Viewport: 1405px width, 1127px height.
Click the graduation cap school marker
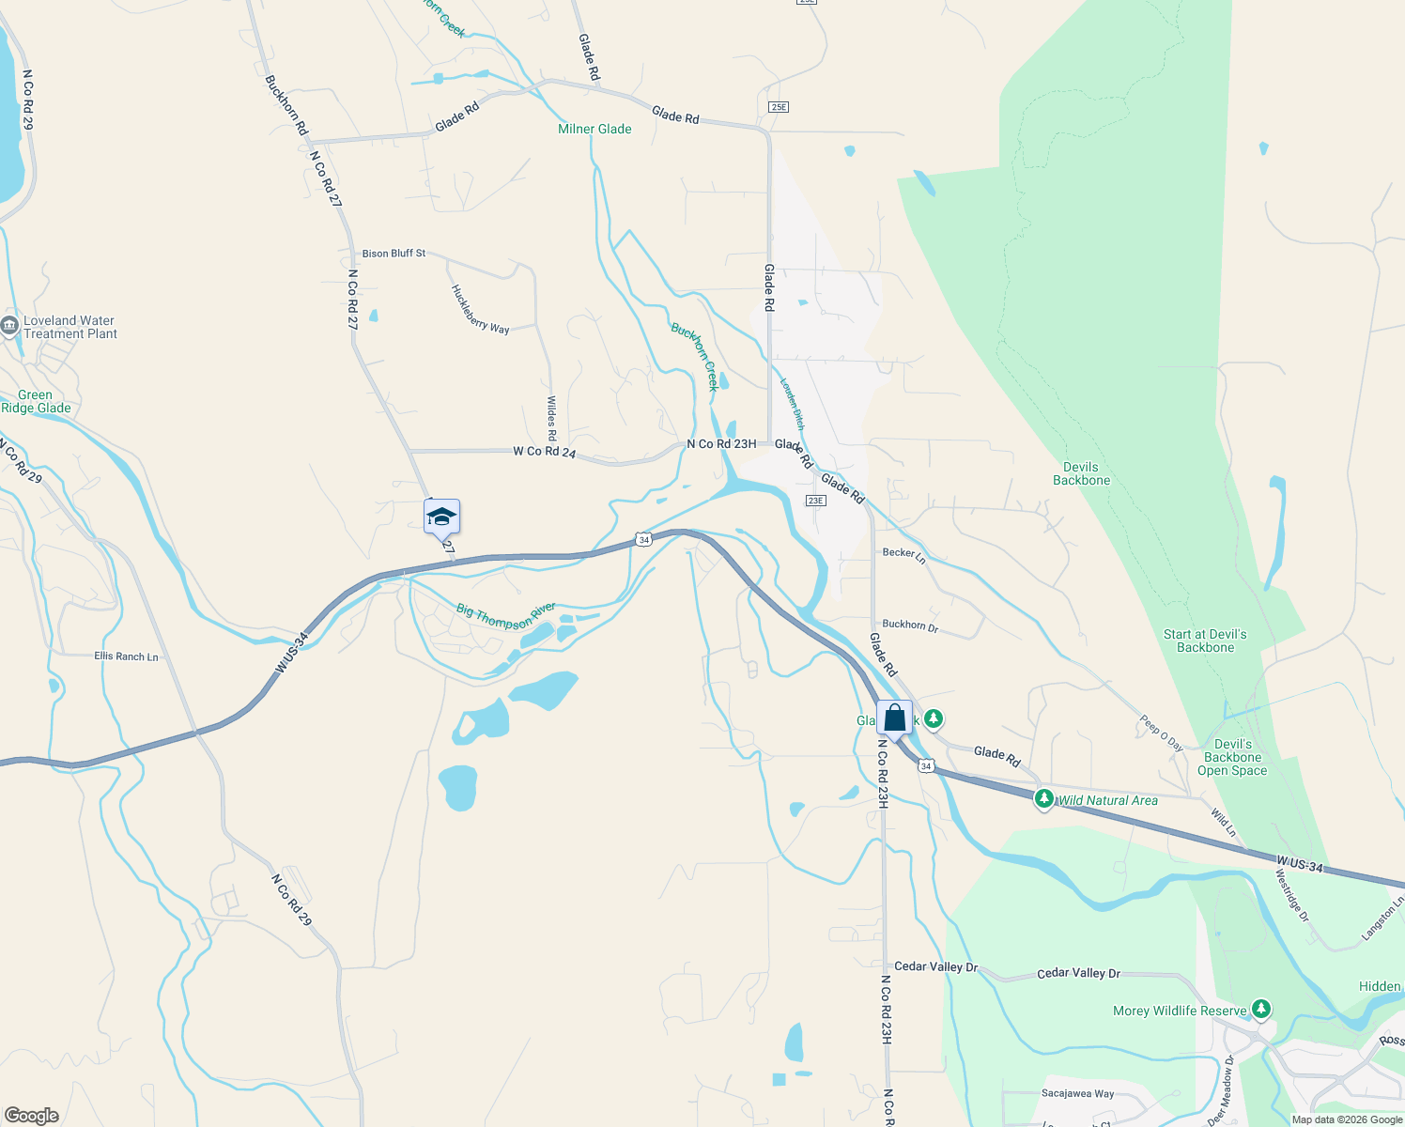point(441,517)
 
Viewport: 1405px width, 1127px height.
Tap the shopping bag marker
point(895,718)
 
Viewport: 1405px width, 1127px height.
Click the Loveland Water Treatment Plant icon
point(10,327)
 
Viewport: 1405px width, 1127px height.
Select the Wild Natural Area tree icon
point(1043,799)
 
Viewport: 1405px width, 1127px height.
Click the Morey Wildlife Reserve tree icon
point(1261,1010)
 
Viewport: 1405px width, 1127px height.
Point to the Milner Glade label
point(594,129)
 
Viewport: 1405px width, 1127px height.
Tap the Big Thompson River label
point(506,615)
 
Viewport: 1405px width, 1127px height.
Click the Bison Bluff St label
point(394,254)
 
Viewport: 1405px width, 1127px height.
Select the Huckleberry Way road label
point(480,309)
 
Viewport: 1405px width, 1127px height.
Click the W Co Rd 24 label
point(544,452)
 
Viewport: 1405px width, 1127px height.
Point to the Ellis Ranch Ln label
point(126,656)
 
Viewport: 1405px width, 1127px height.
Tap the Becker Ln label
point(903,555)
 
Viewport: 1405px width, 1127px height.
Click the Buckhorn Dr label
point(910,625)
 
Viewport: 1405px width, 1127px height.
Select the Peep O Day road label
point(1161,733)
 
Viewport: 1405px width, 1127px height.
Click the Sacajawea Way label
point(1077,1093)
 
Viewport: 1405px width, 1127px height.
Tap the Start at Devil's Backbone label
point(1205,641)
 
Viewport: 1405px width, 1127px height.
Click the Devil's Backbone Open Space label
point(1232,757)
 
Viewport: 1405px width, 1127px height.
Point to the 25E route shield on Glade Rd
point(778,107)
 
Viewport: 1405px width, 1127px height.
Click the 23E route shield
point(815,501)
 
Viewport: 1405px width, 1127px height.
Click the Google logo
point(32,1116)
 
